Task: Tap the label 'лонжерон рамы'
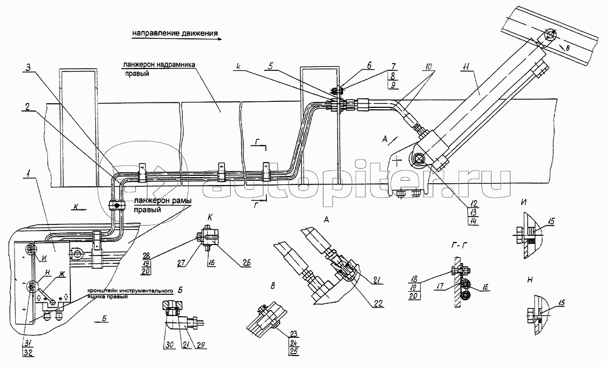146,203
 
